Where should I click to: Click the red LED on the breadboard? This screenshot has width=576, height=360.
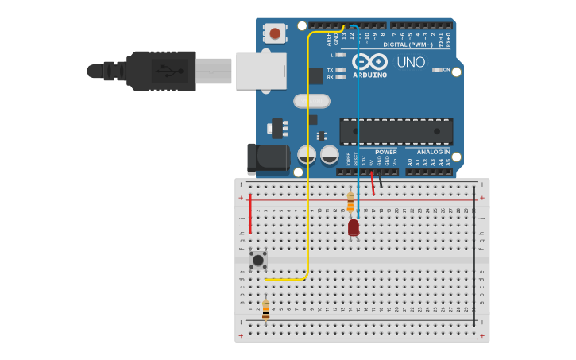click(354, 227)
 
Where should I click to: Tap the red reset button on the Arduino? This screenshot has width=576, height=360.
click(275, 33)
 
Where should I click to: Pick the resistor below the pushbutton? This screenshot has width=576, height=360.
click(265, 308)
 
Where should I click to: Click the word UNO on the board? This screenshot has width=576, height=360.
click(411, 62)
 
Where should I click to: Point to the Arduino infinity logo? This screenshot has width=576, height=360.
click(369, 62)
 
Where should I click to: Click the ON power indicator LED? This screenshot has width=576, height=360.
click(436, 70)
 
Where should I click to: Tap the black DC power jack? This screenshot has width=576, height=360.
click(266, 158)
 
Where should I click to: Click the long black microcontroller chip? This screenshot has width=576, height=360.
click(396, 131)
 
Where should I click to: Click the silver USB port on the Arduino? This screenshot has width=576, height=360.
click(260, 70)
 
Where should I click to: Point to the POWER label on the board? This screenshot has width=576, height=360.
click(386, 152)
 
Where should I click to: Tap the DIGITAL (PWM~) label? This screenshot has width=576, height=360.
click(408, 45)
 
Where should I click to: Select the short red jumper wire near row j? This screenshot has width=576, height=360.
click(251, 213)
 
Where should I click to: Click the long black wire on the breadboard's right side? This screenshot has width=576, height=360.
click(474, 254)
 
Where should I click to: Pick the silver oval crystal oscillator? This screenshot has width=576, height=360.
click(311, 101)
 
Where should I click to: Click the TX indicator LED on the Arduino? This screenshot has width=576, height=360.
click(341, 70)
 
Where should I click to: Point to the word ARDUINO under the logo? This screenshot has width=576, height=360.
click(369, 75)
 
